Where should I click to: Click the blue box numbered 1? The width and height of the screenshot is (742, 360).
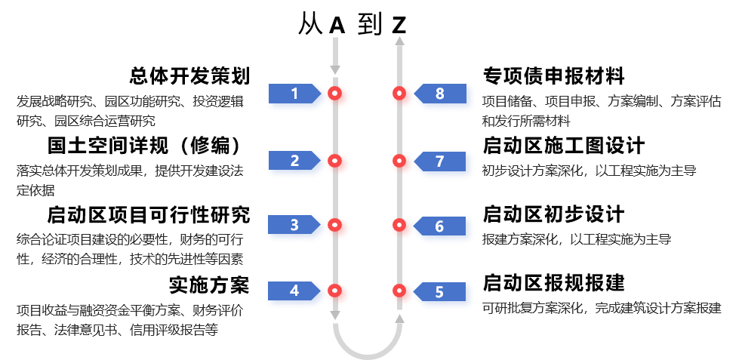296,97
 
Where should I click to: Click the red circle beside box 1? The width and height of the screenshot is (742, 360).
338,97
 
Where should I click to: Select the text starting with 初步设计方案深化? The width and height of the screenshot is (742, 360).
589,171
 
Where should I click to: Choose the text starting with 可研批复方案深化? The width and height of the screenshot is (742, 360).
602,308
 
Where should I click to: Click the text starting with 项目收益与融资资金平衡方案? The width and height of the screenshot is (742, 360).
130,319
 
